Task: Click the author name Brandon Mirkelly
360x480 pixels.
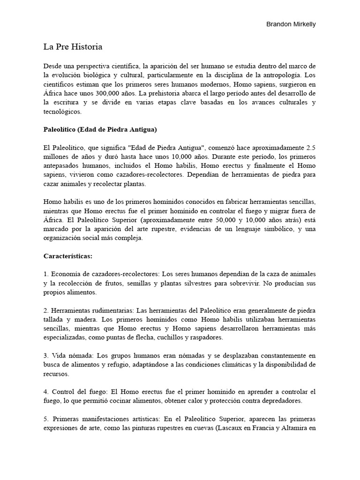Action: tap(290, 24)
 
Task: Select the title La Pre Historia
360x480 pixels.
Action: tap(73, 47)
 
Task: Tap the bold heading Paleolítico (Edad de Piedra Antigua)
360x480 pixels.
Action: tap(100, 129)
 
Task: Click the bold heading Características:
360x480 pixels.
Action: tap(68, 256)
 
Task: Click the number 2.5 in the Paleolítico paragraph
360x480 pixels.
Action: tap(310, 147)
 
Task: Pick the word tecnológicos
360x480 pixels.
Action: tap(62, 112)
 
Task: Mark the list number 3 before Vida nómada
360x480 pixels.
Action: tap(46, 355)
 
